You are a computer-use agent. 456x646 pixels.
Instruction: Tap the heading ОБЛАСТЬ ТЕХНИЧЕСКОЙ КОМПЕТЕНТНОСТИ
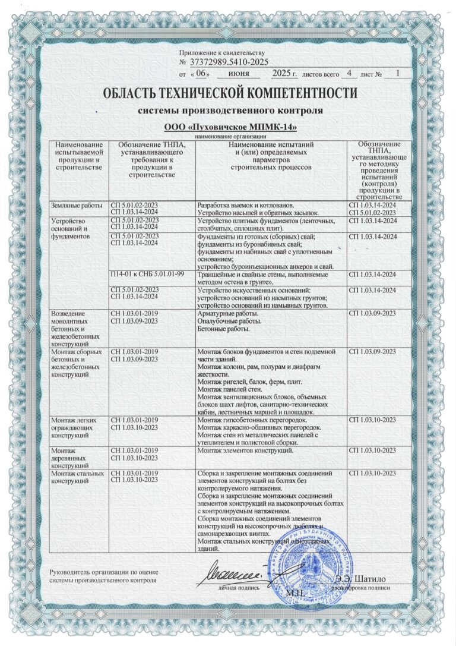pyautogui.click(x=230, y=94)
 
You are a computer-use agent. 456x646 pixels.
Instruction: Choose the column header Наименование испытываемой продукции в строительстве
pyautogui.click(x=78, y=156)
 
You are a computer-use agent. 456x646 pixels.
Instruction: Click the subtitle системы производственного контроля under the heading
pyautogui.click(x=230, y=111)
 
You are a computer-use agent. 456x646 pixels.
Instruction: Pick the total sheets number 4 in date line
pyautogui.click(x=350, y=74)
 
